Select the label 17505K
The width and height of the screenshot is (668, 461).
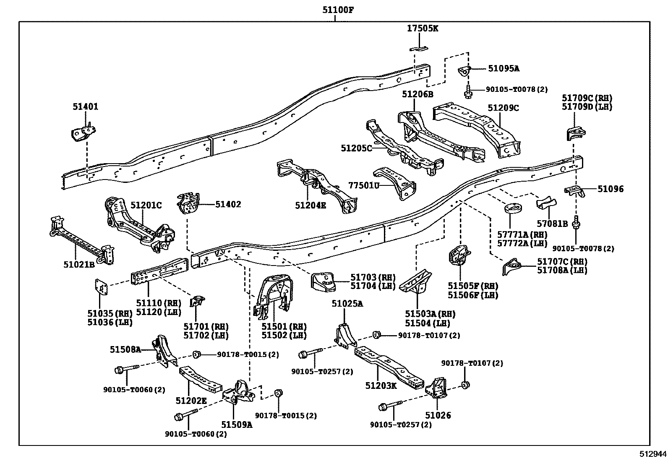[423, 29]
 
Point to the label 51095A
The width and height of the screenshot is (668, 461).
[503, 68]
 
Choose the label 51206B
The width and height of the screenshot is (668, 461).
[417, 94]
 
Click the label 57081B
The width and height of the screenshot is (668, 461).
[552, 224]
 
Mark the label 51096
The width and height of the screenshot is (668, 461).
[611, 189]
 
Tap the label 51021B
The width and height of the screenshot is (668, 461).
[79, 264]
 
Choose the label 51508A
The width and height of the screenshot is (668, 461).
[125, 349]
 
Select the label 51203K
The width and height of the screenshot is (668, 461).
[381, 385]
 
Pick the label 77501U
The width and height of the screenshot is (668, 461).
[363, 185]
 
